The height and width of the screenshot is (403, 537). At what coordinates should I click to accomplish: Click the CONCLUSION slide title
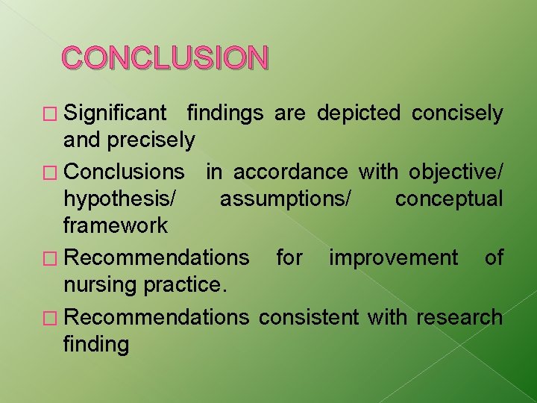(165, 57)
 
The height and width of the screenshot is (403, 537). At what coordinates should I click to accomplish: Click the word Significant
(116, 113)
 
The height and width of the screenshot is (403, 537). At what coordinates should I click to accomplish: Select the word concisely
(457, 113)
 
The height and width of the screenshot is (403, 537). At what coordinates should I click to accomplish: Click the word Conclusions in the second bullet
(124, 172)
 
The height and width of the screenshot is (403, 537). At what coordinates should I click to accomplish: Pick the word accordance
(290, 172)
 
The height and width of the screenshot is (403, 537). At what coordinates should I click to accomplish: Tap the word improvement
(393, 258)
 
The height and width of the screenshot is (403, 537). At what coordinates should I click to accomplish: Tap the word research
(459, 317)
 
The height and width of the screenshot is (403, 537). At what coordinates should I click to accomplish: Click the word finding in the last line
(96, 344)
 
